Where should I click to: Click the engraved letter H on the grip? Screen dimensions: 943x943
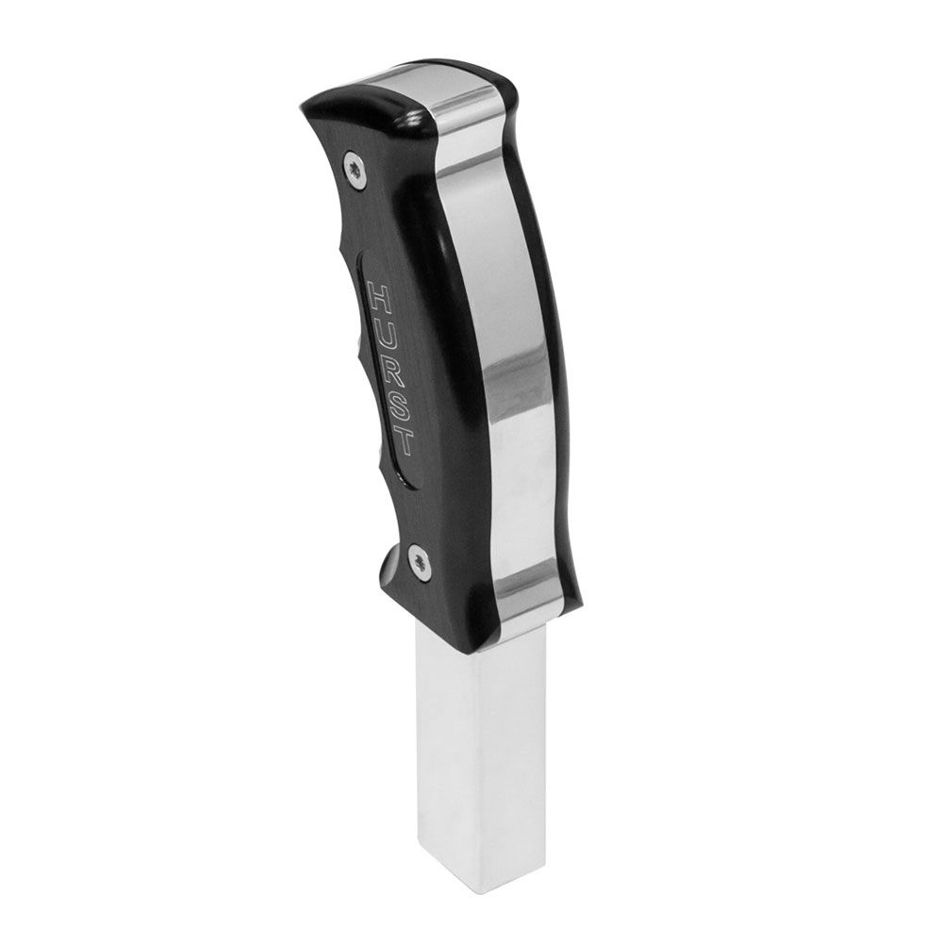(x=382, y=299)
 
